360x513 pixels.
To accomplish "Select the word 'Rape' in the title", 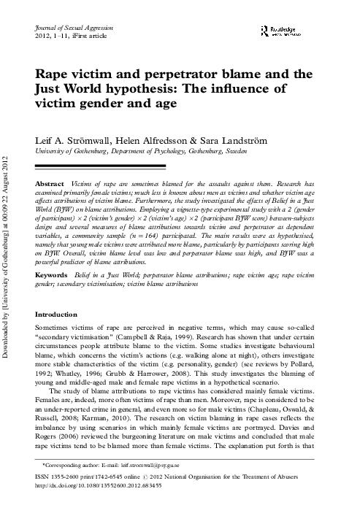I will tap(50, 75).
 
